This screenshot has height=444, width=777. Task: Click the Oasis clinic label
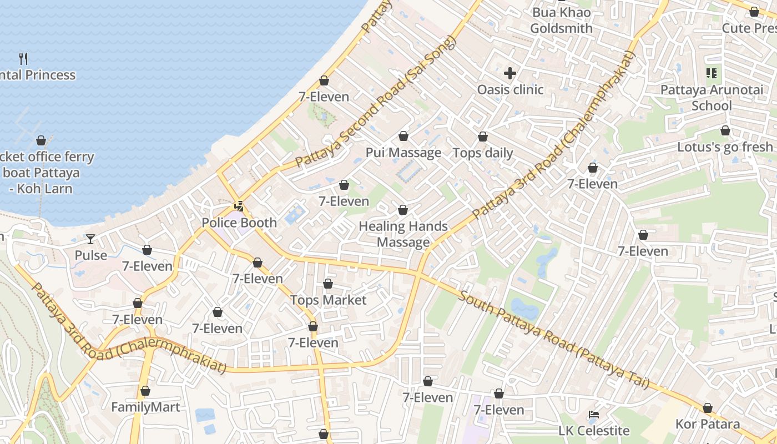tap(510, 89)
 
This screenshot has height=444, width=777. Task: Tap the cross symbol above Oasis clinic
tap(510, 73)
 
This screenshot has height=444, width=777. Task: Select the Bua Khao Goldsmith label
tap(561, 21)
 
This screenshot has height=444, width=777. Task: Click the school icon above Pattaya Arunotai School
tap(712, 73)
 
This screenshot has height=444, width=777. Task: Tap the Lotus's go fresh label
tap(724, 147)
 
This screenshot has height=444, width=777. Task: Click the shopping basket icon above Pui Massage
tap(403, 136)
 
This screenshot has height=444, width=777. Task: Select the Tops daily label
tap(483, 153)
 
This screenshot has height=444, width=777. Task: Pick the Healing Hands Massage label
tap(403, 234)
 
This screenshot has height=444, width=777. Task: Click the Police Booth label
tap(239, 223)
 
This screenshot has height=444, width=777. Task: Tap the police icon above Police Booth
tap(239, 206)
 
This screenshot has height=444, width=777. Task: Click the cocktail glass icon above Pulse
tap(90, 239)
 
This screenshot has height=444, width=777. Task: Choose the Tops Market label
tap(328, 300)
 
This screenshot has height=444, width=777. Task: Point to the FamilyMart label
tap(145, 407)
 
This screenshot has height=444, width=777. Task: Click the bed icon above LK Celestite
tap(594, 415)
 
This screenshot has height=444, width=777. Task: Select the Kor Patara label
tap(707, 425)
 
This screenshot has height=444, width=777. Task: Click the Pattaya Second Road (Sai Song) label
tap(376, 102)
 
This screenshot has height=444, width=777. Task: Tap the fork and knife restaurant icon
tap(23, 58)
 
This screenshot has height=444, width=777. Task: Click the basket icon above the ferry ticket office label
tap(41, 140)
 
